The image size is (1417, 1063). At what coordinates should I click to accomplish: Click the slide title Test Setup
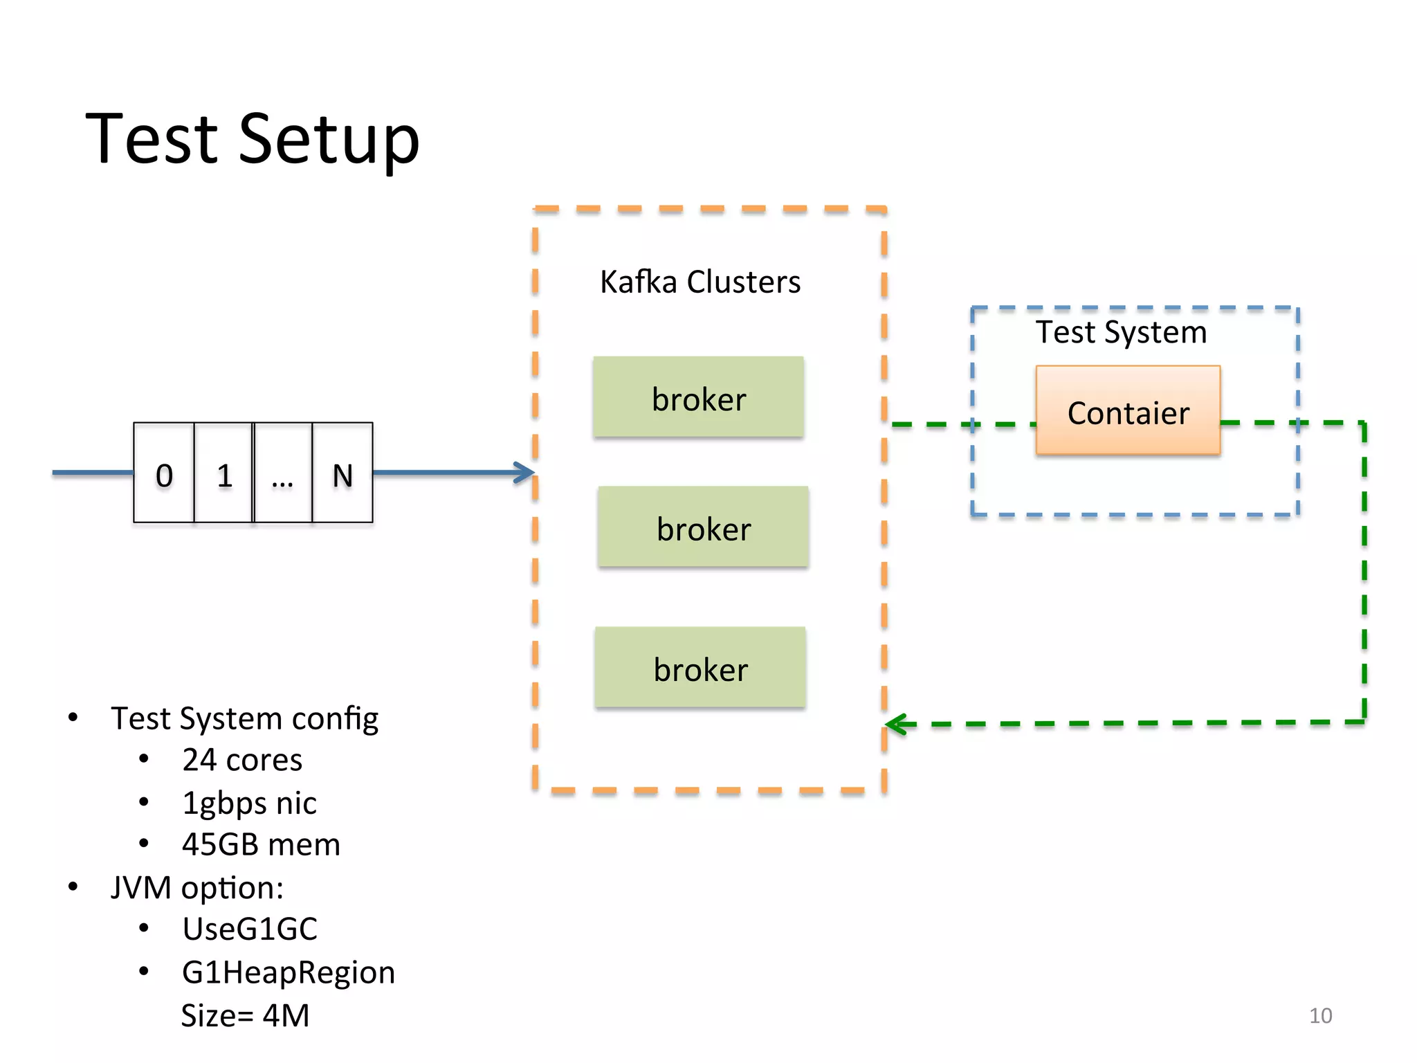(253, 140)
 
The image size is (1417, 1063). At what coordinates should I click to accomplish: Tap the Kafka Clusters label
(700, 282)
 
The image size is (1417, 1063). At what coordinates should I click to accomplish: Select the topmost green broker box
(698, 397)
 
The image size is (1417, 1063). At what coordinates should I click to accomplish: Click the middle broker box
(703, 527)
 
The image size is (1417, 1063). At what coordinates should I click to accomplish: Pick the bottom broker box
(700, 668)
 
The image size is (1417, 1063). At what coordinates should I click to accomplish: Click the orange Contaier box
(1128, 411)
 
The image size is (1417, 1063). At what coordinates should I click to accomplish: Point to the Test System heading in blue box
(1120, 332)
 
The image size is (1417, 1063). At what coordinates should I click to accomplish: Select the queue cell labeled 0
(164, 473)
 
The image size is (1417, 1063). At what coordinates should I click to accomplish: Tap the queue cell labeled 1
(223, 473)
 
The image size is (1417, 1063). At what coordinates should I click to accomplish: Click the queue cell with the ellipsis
(283, 473)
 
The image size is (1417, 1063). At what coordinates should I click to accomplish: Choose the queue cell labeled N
(342, 473)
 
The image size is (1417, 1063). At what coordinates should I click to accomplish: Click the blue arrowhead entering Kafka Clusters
(526, 473)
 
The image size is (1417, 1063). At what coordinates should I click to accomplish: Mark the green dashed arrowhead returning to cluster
(897, 725)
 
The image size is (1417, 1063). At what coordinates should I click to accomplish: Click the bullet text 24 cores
(242, 760)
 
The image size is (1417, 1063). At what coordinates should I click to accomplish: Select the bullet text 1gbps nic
(249, 803)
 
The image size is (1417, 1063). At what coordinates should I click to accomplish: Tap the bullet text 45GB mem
(261, 845)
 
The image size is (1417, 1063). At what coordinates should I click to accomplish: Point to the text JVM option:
(197, 887)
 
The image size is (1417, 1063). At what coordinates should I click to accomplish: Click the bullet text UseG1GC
(250, 929)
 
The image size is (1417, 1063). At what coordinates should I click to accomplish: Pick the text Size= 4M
(245, 1015)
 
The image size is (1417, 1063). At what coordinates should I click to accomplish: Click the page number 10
(1319, 1015)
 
